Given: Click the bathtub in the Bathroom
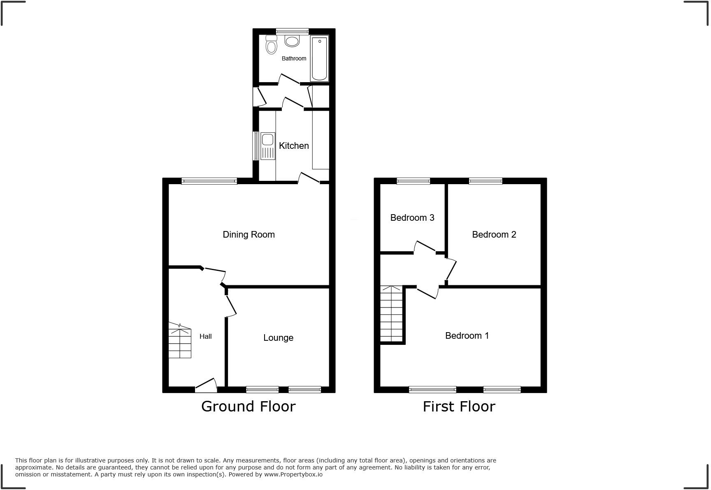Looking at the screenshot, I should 319,58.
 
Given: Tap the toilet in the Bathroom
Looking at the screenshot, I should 271,46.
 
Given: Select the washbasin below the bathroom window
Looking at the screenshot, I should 292,41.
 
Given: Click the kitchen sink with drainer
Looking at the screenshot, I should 267,146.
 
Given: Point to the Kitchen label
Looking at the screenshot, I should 294,146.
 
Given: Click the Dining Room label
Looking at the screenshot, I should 249,234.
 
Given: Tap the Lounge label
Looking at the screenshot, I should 278,337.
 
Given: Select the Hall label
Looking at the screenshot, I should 205,336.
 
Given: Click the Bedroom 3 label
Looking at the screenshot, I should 412,217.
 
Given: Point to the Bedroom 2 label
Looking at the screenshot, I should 494,234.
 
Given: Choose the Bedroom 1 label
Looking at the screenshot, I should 467,335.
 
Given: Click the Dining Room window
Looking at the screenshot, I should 209,181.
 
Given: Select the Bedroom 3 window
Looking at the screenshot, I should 413,181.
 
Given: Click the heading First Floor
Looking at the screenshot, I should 459,406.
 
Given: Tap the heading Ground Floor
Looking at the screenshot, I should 248,406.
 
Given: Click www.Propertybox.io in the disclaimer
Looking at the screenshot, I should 293,474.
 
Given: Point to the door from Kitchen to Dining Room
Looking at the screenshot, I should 309,178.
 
